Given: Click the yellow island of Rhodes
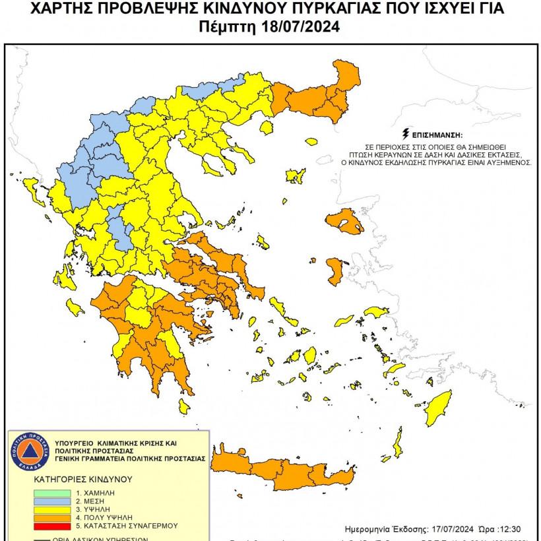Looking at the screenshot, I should tap(440, 408).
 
